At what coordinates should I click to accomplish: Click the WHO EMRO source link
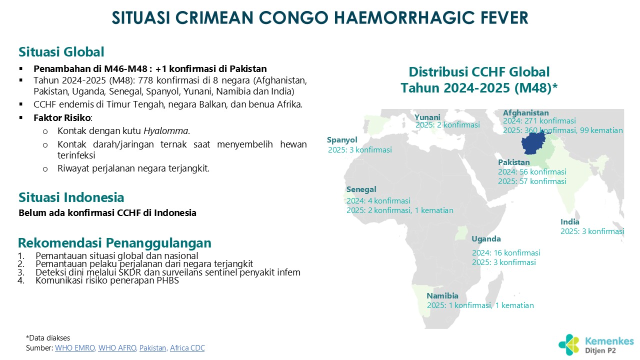75,347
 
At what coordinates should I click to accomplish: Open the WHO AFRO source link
117,347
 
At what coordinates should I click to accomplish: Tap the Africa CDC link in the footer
187,347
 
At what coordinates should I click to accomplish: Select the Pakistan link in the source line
153,347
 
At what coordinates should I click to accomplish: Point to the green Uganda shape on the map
461,233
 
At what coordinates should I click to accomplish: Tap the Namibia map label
442,295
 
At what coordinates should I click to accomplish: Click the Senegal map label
361,189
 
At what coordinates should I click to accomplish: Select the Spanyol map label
342,140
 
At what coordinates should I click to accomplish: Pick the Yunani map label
427,117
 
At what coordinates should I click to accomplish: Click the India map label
569,221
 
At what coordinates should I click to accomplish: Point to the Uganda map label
486,239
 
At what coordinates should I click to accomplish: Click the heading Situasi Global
61,52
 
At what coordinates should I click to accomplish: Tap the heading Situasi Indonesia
71,197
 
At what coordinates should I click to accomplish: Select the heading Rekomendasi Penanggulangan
114,243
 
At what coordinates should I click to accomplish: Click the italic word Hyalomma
165,131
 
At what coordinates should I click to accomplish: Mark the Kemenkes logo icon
569,345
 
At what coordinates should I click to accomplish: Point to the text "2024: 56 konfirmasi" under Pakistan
532,171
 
